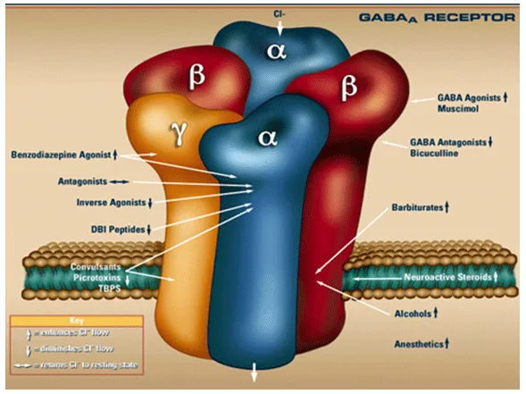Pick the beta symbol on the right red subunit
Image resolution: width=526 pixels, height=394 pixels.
pos(348,87)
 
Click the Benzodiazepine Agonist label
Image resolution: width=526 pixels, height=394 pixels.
pos(62,155)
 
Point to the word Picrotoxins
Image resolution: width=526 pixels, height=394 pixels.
pos(97,279)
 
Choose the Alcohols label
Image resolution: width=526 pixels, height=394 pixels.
pos(413,314)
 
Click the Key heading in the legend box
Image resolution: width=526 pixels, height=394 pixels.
pos(78,320)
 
